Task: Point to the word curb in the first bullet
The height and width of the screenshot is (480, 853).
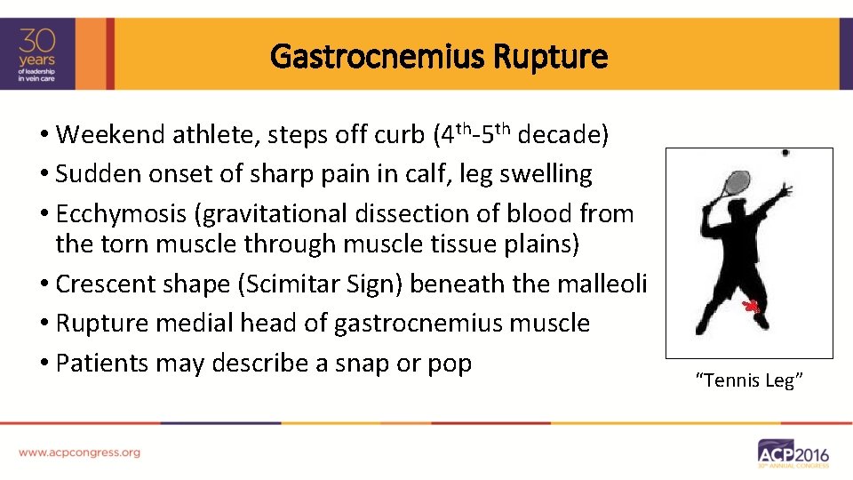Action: click(396, 135)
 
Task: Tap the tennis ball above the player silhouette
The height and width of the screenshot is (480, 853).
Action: click(785, 153)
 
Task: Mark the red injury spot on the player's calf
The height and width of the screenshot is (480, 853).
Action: click(752, 308)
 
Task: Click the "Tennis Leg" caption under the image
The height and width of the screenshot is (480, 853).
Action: click(749, 381)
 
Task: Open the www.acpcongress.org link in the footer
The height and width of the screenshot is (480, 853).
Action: click(79, 452)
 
